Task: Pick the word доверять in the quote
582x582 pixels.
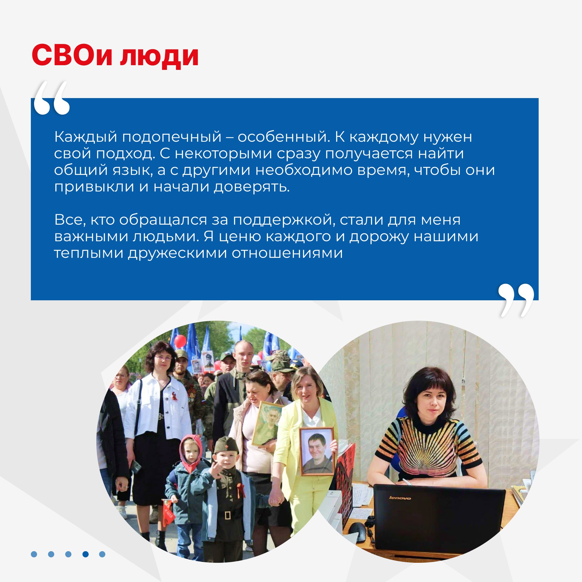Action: (251, 187)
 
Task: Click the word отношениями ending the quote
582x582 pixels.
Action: (288, 253)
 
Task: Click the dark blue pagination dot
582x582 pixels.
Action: (86, 554)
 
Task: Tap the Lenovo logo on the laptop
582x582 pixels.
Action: (400, 498)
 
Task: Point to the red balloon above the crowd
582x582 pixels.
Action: (180, 341)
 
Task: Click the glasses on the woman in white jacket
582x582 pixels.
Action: (163, 359)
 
